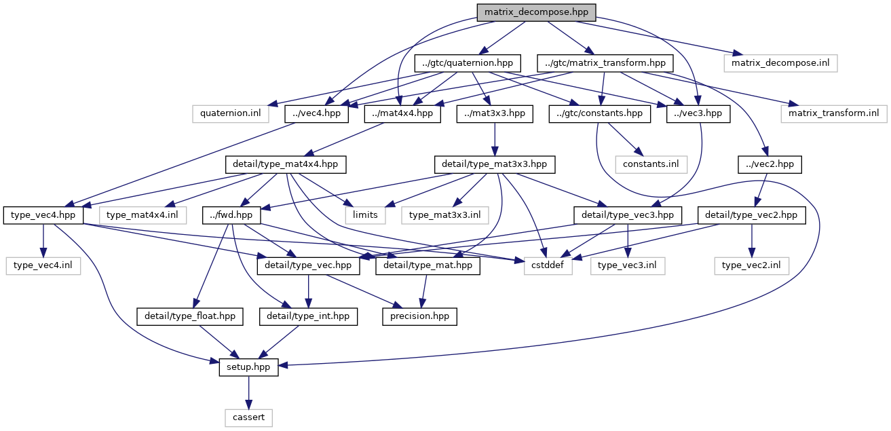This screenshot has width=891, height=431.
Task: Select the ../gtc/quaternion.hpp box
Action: (x=467, y=63)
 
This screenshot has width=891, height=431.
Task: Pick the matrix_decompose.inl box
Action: (x=780, y=63)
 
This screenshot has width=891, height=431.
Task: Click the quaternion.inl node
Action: (x=231, y=113)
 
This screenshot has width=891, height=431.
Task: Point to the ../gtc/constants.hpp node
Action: (x=600, y=113)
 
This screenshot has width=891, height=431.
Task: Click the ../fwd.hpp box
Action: (x=231, y=215)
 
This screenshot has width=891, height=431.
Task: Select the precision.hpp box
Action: (x=419, y=316)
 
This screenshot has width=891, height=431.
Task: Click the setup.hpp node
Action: (x=248, y=367)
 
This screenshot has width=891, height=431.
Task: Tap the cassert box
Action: (x=248, y=417)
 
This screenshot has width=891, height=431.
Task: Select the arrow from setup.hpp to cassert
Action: (x=248, y=392)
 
